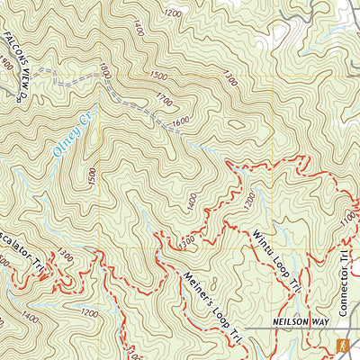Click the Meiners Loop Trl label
click(x=212, y=307)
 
